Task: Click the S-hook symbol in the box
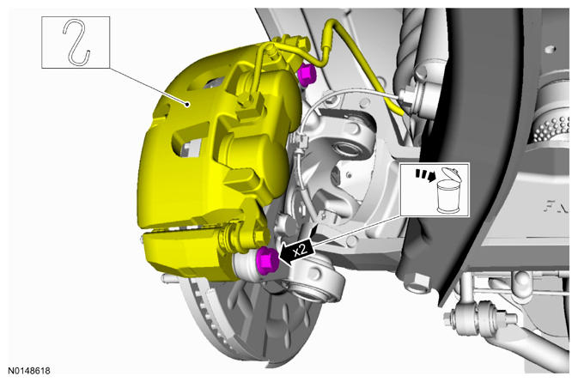click(76, 42)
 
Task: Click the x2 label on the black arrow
click(300, 251)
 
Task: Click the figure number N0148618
click(28, 371)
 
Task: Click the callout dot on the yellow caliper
click(188, 105)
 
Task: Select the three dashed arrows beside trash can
click(424, 175)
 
